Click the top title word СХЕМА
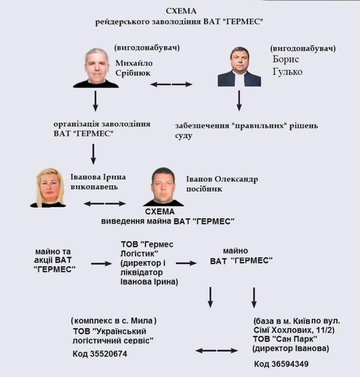[x=179, y=11]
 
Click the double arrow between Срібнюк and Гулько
[x=171, y=84]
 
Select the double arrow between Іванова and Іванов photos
[x=105, y=202]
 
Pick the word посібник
[x=204, y=189]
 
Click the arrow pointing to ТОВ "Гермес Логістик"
[x=102, y=262]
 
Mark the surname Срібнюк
[x=133, y=73]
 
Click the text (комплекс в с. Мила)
[x=114, y=320]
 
